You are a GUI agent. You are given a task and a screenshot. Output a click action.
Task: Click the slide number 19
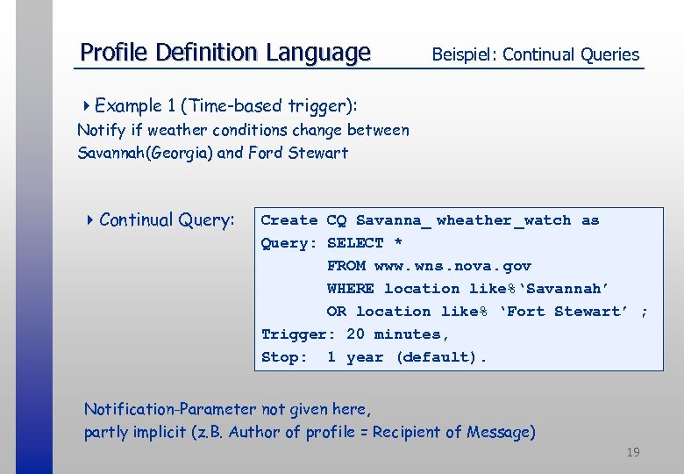632,452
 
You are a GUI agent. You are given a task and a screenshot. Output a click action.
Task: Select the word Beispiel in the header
463,54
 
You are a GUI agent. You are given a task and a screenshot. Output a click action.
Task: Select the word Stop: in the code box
284,357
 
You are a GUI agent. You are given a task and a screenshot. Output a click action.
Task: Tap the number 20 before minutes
355,334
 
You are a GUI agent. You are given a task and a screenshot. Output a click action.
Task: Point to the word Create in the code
289,220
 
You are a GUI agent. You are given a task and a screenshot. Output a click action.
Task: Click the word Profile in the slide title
114,53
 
